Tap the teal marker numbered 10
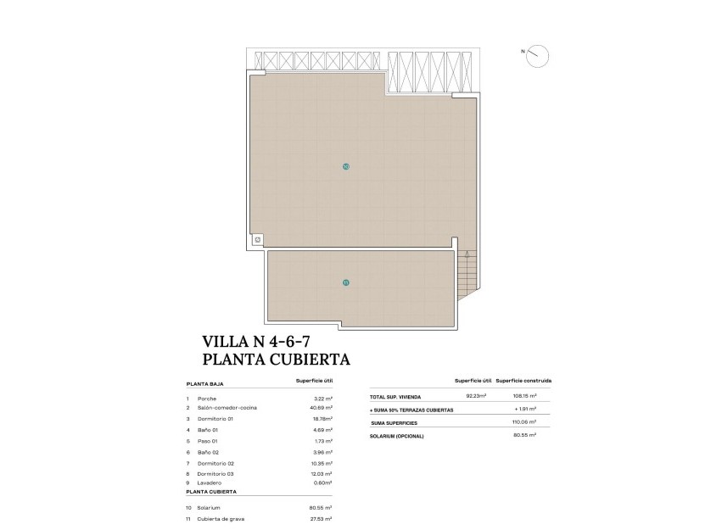pos(345,166)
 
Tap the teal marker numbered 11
pos(345,282)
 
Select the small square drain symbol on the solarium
pos(258,240)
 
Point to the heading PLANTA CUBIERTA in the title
pos(277,360)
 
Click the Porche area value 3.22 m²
pos(322,398)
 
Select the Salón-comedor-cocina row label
pos(227,408)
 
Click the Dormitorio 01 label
pos(215,419)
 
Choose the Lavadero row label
pos(210,483)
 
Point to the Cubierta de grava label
pos(221,518)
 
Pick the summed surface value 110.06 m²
pos(525,421)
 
